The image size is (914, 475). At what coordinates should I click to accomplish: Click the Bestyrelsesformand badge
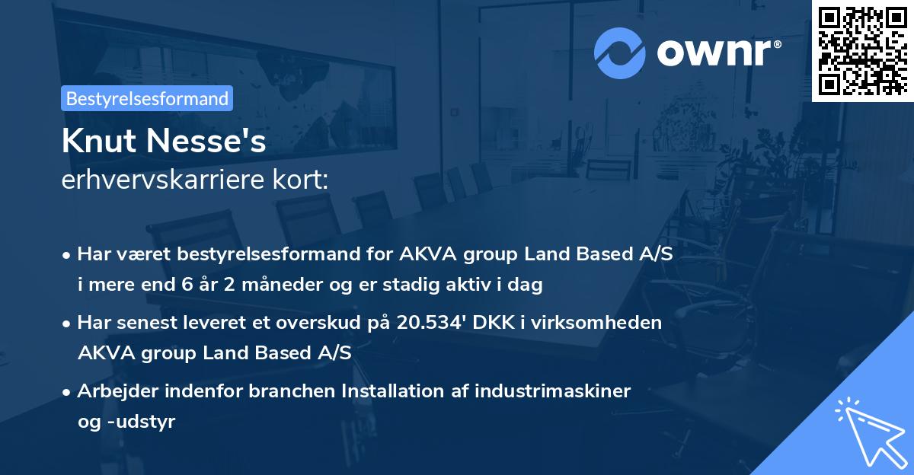pyautogui.click(x=147, y=98)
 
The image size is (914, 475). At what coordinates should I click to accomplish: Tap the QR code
pyautogui.click(x=862, y=50)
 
